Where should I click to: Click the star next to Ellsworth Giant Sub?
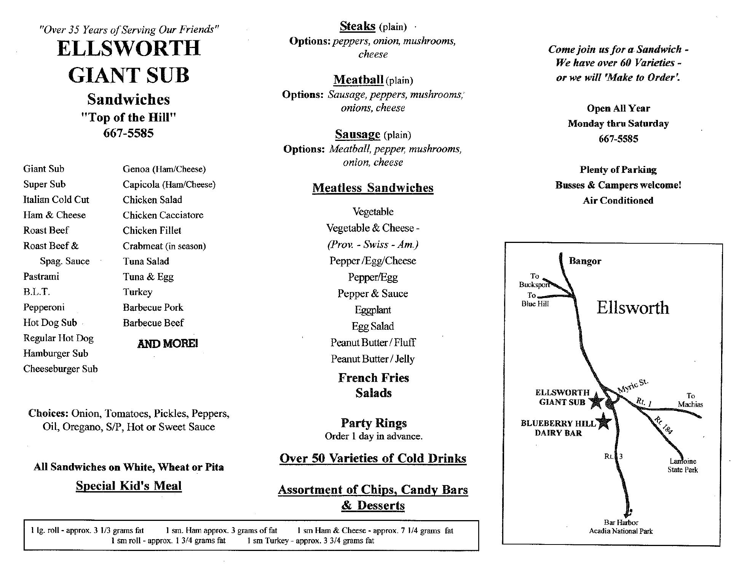(596, 401)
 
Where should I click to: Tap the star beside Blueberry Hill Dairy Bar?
(603, 421)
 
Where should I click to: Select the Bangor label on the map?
(585, 261)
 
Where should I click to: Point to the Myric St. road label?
(632, 386)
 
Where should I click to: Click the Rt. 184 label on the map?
(664, 425)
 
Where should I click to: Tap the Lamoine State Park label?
(683, 466)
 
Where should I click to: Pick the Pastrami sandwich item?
(41, 276)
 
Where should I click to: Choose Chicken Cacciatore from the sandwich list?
(163, 215)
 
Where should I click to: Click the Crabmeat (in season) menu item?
(164, 246)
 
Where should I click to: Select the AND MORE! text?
(168, 344)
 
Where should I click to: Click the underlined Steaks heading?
(358, 26)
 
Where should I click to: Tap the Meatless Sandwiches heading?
(373, 188)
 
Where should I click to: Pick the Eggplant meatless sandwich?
(373, 310)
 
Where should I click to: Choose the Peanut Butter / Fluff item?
(373, 343)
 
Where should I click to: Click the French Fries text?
(373, 378)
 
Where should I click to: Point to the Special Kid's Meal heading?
(129, 486)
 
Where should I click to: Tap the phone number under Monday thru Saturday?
(618, 139)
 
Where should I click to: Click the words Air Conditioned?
(618, 201)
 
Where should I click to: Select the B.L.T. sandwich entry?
(37, 292)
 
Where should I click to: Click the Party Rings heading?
(373, 423)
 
